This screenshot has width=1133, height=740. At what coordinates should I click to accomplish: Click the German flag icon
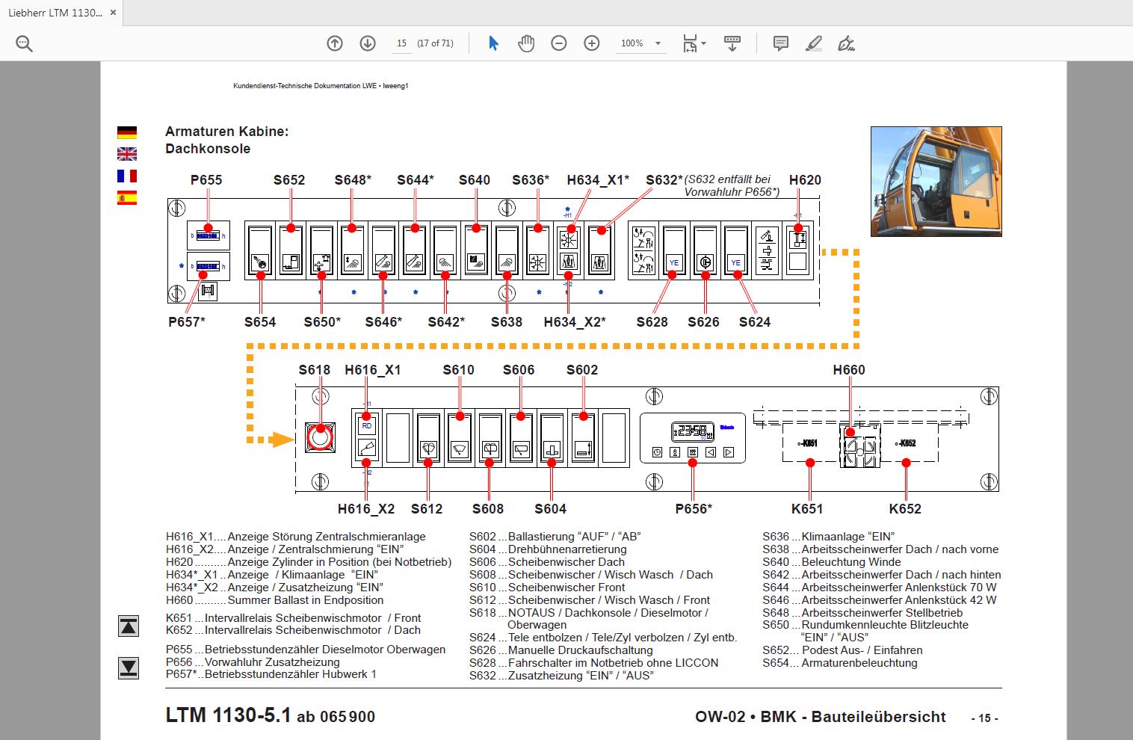(127, 132)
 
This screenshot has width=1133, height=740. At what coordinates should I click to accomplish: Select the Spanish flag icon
(127, 198)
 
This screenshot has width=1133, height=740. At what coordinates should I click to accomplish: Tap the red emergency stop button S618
(319, 437)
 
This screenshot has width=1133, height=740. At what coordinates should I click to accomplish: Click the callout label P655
(206, 179)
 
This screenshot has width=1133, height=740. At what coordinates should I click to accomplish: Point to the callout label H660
(849, 370)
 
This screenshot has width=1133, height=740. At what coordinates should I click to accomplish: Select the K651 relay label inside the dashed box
(808, 443)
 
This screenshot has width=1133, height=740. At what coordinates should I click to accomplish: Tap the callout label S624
(755, 322)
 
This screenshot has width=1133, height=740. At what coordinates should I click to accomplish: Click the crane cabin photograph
(936, 182)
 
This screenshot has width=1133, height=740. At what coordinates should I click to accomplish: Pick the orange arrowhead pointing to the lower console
(281, 440)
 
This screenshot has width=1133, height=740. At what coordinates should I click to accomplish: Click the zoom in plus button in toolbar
(592, 43)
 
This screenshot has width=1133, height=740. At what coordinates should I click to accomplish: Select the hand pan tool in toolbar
(526, 43)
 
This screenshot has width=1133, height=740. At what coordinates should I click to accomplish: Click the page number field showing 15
(402, 43)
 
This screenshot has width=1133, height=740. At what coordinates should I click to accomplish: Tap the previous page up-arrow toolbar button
(335, 43)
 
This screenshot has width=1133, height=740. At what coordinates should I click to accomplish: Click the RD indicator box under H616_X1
(366, 425)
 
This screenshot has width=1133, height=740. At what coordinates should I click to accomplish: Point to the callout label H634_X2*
(575, 322)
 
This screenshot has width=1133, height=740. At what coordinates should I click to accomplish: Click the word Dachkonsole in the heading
(208, 149)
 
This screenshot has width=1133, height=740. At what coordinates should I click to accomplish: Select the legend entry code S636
(775, 537)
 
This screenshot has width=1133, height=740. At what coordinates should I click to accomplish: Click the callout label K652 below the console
(905, 509)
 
